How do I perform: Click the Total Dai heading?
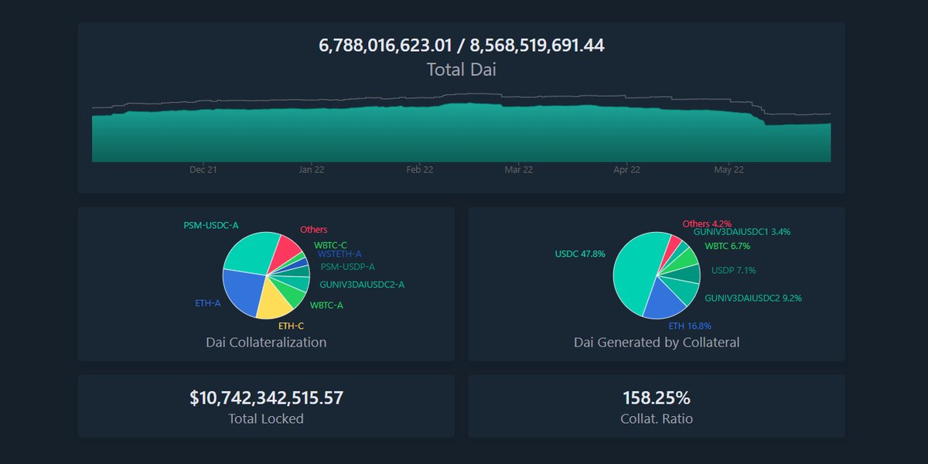coord(461,70)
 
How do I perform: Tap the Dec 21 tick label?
coord(203,170)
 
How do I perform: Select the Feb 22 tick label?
coord(419,170)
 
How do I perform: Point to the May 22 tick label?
coord(728,170)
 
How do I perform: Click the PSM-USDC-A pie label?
coord(211,225)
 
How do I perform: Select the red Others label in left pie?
coord(313,230)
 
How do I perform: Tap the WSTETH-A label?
coord(339,254)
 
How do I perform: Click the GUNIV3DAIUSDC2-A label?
coord(362,285)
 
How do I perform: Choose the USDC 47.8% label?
coord(580,254)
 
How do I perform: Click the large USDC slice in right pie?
coord(634,271)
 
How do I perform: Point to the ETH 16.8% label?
coord(690,326)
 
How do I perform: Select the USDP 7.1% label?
coord(733,271)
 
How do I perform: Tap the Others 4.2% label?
coord(707,223)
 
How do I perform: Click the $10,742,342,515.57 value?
coord(266,398)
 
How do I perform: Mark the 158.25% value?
coord(656,398)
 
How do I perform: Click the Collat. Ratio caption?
coord(656,419)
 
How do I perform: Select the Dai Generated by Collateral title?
coord(656,342)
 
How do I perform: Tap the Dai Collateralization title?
coord(266,342)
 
